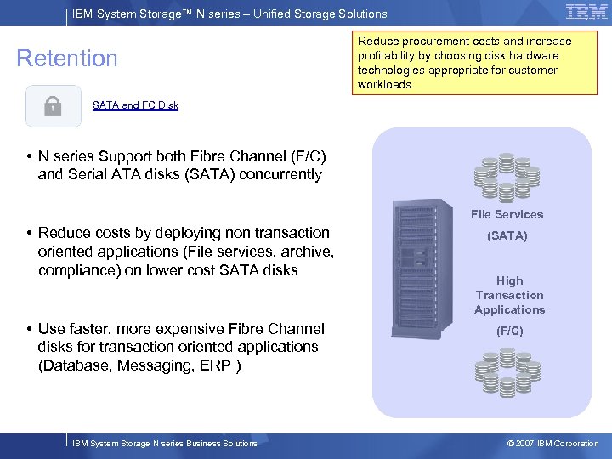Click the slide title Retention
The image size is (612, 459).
coord(67,59)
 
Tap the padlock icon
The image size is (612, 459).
coord(53,106)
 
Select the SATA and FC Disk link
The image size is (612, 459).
coord(135,105)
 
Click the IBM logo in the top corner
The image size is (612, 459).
coord(586,13)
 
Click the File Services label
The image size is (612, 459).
coord(507,214)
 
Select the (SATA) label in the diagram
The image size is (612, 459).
coord(507,235)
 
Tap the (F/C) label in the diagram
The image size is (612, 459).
coord(509,331)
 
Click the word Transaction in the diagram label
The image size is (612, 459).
coord(509,295)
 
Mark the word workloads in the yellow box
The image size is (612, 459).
coord(385,84)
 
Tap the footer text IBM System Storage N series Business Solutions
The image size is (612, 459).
coord(165,443)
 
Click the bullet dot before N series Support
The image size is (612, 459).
coord(29,156)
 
